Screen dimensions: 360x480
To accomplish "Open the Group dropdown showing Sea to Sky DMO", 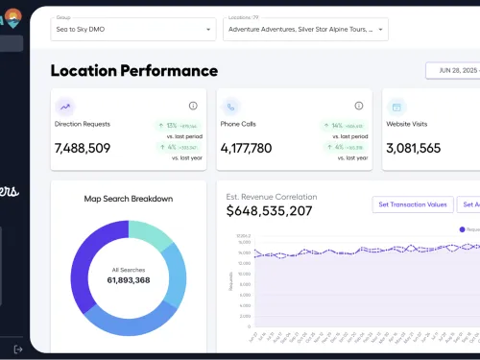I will (132, 30).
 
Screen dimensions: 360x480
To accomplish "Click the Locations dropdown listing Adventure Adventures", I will (304, 30).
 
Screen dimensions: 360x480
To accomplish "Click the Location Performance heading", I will (133, 70).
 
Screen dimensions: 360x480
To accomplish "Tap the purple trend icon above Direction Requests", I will (65, 107).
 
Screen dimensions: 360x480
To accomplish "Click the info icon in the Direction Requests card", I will (193, 106).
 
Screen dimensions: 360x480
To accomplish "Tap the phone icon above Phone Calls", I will (231, 107).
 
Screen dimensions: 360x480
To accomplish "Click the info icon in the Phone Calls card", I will (358, 106).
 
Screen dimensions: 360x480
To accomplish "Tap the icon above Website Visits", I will (397, 107).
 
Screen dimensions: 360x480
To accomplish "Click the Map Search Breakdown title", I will (128, 199).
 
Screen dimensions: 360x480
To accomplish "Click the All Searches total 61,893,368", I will (128, 280).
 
